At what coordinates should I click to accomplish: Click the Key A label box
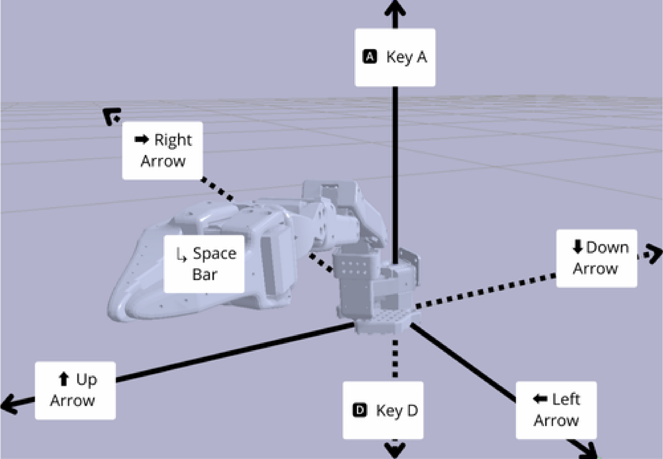[x=395, y=57]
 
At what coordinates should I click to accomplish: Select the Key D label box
[x=383, y=410]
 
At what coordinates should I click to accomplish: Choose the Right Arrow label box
[x=162, y=150]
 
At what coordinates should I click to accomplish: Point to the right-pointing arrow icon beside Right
[x=142, y=140]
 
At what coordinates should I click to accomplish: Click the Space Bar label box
[x=204, y=264]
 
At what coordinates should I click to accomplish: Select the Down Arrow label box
[x=596, y=258]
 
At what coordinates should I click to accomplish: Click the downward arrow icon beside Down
[x=577, y=247]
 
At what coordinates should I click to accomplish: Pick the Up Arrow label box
[x=75, y=390]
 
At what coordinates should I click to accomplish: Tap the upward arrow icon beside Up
[x=64, y=379]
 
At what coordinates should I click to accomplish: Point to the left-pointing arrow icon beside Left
[x=540, y=399]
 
